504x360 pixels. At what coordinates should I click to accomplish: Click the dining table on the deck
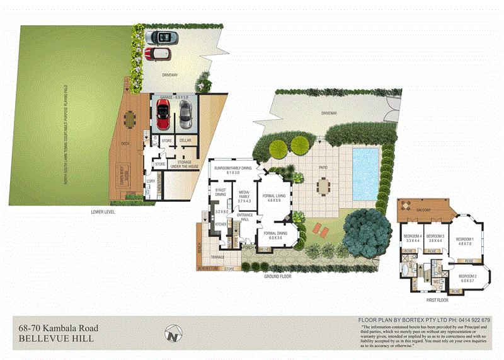coord(130,118)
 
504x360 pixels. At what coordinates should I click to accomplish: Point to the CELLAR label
coord(185,141)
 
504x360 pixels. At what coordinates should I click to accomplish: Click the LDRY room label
coord(150,182)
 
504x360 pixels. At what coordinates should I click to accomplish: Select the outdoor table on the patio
coord(323,185)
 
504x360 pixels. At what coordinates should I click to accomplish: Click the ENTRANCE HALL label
coord(244,218)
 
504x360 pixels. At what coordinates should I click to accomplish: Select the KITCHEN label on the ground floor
coord(220,224)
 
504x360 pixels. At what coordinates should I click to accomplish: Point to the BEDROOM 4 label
coord(411,238)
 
